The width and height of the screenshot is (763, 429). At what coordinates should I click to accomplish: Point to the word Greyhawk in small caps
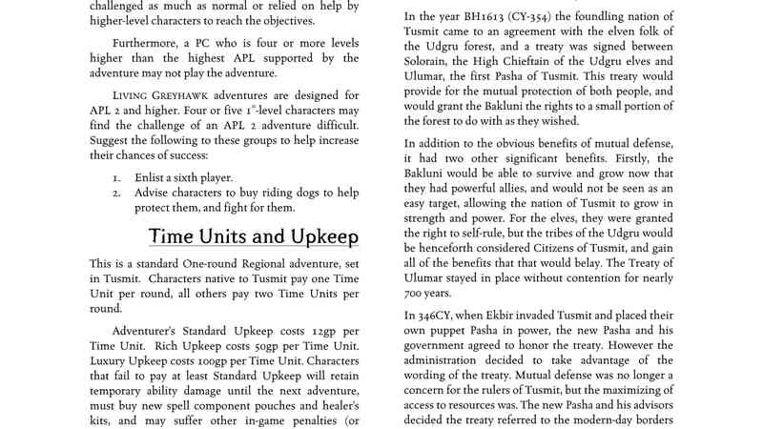pos(196,95)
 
